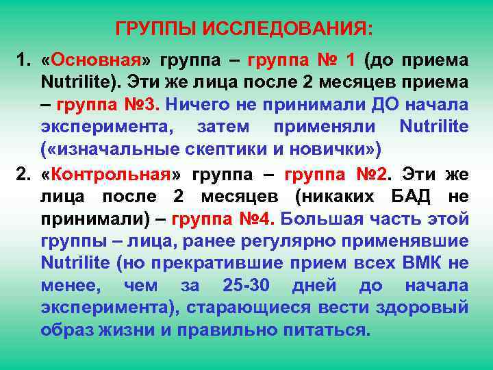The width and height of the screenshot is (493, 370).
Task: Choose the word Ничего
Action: (196, 106)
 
